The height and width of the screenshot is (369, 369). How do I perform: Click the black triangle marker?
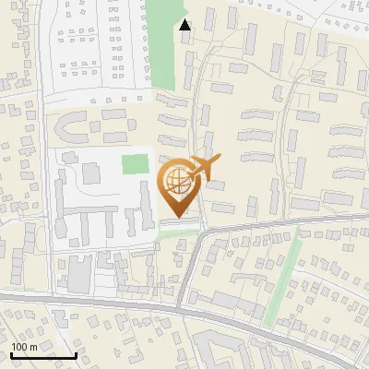[x=185, y=25]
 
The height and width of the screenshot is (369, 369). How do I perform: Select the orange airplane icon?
[x=205, y=168]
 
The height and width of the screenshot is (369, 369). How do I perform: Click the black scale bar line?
[x=43, y=355]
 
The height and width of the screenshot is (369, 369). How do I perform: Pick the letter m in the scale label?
[x=33, y=347]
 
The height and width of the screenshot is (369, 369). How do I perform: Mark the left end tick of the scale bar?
[x=11, y=353]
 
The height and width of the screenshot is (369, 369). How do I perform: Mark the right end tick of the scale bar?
[x=76, y=353]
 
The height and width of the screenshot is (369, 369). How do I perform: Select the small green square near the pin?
[x=136, y=165]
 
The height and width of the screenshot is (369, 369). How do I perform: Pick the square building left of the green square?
[x=91, y=172]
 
